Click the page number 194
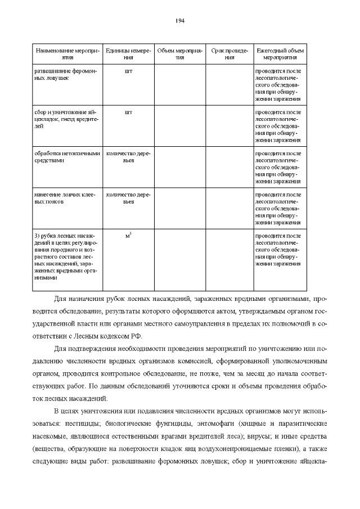click(x=180, y=21)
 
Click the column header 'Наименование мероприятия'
click(x=67, y=54)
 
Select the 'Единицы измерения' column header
click(x=128, y=54)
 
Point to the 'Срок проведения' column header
click(x=229, y=54)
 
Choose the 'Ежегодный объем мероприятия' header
click(x=280, y=54)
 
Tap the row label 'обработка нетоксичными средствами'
click(x=67, y=156)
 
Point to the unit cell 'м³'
click(x=128, y=235)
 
